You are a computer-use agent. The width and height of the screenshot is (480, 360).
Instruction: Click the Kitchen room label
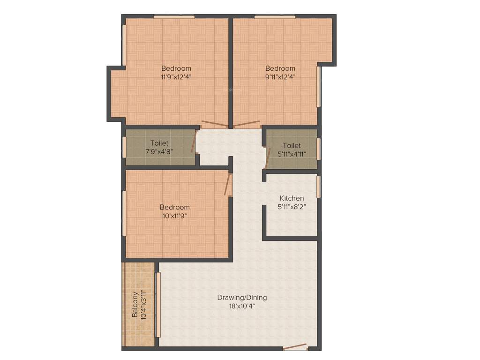click(292, 198)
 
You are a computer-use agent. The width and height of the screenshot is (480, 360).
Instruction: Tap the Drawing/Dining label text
click(242, 298)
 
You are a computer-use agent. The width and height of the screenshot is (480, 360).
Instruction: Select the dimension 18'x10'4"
click(242, 306)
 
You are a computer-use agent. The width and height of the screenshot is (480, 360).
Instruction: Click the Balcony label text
click(135, 305)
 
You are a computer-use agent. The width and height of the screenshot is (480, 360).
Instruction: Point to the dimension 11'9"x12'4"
click(176, 77)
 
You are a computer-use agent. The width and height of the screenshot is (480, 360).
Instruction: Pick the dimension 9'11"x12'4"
click(280, 77)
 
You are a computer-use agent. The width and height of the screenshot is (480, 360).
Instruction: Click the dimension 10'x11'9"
click(174, 216)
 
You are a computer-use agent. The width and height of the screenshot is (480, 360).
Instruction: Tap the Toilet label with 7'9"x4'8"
click(159, 143)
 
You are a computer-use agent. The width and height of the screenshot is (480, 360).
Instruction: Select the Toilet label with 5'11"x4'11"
click(292, 146)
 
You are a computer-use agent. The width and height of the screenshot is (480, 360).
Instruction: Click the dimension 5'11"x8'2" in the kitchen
click(292, 207)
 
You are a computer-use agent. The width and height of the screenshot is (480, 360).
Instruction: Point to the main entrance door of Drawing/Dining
click(295, 348)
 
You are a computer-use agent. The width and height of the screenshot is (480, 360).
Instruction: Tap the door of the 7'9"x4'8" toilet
click(194, 141)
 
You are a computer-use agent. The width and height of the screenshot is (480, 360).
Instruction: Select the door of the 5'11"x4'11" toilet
click(267, 157)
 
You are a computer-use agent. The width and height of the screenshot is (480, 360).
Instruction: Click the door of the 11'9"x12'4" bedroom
click(215, 125)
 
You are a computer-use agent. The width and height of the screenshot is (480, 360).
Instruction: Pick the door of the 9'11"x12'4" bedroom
click(247, 125)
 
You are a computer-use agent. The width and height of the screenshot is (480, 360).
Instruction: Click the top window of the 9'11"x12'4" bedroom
click(275, 17)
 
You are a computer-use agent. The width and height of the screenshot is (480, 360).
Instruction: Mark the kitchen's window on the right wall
click(318, 186)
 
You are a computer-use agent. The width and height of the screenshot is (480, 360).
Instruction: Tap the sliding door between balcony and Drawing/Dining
click(158, 305)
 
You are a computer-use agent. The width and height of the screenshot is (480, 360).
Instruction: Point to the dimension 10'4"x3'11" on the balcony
click(143, 305)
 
